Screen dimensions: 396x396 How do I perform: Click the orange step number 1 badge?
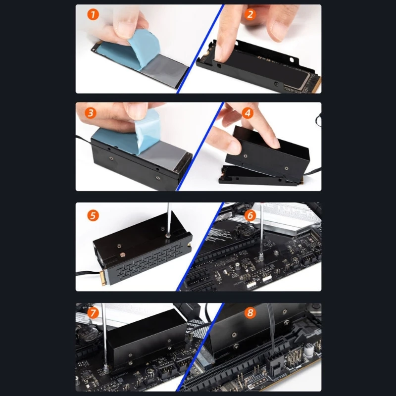click(x=93, y=15)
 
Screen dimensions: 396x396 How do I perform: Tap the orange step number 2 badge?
click(x=250, y=14)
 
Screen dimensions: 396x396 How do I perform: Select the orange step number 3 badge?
click(x=90, y=112)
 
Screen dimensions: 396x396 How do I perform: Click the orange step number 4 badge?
click(x=248, y=112)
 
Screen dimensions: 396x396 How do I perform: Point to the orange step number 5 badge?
click(x=93, y=215)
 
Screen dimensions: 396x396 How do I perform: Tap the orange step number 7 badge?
click(x=93, y=313)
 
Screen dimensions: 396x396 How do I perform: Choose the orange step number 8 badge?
click(x=250, y=313)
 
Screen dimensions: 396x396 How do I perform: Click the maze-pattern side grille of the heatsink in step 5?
click(x=148, y=262)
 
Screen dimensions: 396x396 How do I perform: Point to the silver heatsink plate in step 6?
click(x=292, y=225)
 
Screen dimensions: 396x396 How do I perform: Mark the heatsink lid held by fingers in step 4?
click(x=267, y=148)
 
